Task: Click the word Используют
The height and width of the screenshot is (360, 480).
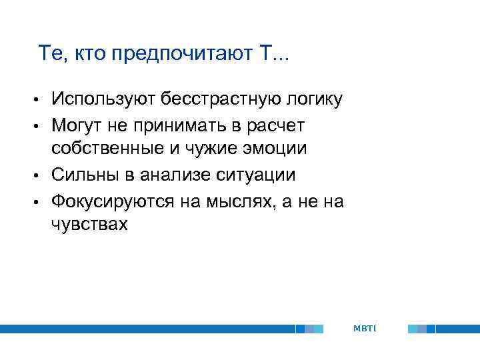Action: pos(103,100)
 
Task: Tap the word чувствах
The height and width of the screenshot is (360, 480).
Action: pos(89,225)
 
